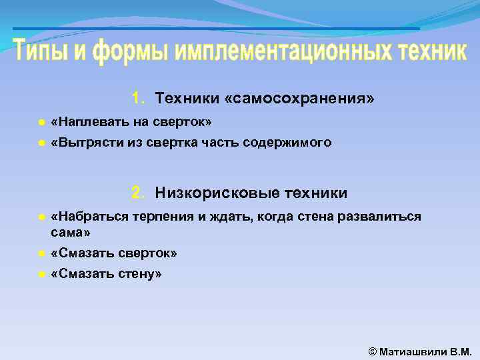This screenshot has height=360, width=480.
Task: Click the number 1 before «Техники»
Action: coord(137,99)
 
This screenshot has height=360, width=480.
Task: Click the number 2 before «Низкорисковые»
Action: coord(137,193)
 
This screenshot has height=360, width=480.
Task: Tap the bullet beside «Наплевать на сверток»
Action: coord(41,123)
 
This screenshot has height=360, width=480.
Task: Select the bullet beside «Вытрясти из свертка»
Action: coord(41,143)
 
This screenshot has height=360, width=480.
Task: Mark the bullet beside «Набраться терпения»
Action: coord(41,218)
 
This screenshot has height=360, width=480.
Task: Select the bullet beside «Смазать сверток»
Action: coord(41,254)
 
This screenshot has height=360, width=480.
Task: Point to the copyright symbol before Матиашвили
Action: coord(372,351)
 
